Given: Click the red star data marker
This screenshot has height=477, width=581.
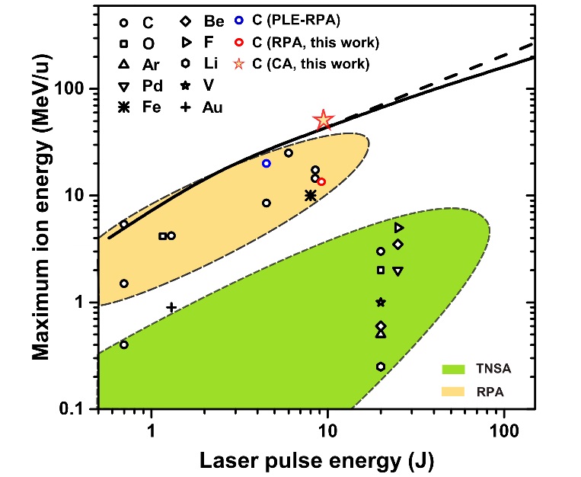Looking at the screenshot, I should point(324,119).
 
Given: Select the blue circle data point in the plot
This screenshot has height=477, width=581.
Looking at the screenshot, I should point(267,163).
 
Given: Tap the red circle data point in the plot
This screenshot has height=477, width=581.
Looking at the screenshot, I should point(321,181).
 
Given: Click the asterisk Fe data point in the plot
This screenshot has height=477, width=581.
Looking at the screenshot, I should point(311,195).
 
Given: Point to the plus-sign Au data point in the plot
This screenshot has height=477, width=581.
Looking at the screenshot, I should point(171,307).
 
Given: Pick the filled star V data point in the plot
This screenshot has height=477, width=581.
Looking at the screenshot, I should point(381,302).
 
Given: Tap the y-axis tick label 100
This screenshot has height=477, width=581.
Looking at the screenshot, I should point(75,88).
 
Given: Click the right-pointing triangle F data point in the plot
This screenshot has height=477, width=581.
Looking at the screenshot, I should point(399,227).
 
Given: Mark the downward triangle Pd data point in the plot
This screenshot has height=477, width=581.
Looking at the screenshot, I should point(397,271).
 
